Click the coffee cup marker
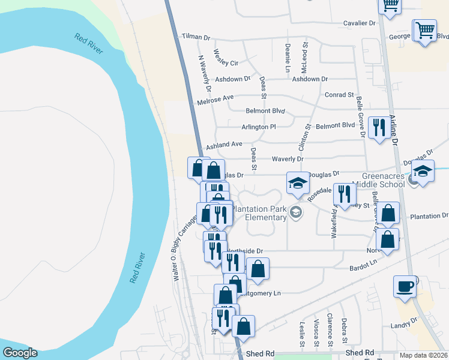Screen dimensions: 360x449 tap(405, 286)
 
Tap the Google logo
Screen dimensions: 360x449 tap(20, 353)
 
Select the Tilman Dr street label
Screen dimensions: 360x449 tap(196, 37)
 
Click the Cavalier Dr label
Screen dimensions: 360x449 tap(359, 23)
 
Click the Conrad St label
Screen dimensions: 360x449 tap(339, 95)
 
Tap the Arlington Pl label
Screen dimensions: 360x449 tap(258, 127)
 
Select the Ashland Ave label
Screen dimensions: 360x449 tap(224, 145)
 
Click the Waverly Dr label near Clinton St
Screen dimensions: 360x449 tap(288, 159)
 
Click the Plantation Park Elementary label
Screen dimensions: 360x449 tap(259, 212)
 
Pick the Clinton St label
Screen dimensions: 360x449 tap(303, 138)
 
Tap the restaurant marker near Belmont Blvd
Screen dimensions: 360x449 tap(378, 129)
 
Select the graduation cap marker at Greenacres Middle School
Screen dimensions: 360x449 tap(423, 172)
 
